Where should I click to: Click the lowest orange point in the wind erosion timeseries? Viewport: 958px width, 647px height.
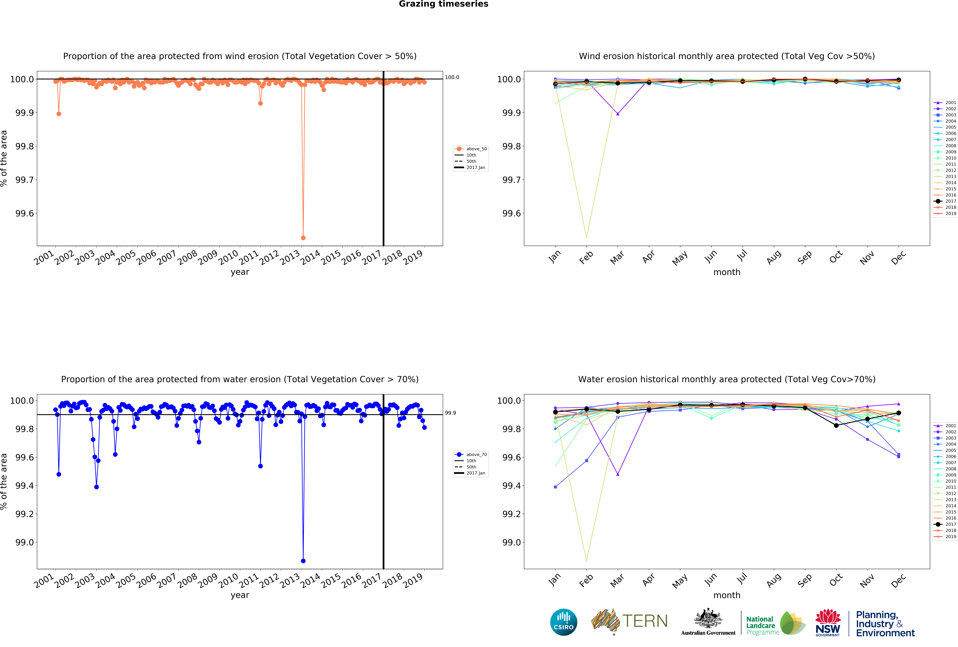coord(303,238)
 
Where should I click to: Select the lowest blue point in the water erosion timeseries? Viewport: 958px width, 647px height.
coord(303,561)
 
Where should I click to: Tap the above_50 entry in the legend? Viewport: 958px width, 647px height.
coord(476,149)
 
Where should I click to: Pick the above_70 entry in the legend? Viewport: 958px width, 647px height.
coord(476,455)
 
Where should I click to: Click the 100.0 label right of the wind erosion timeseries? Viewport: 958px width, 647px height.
coord(452,77)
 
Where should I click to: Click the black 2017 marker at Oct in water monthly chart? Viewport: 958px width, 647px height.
coord(836,425)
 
